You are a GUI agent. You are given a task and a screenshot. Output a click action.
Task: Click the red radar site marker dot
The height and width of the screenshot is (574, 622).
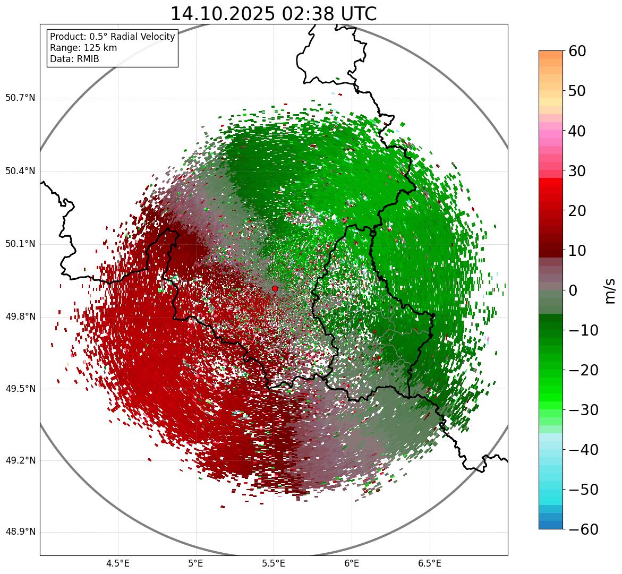pos(275,288)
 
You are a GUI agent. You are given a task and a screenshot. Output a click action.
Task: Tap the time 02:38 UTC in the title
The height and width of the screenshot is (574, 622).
pos(329,14)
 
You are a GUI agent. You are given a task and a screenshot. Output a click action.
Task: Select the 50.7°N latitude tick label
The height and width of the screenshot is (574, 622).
pos(20,98)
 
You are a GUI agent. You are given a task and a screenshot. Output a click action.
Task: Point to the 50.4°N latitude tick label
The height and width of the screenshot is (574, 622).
pos(20,172)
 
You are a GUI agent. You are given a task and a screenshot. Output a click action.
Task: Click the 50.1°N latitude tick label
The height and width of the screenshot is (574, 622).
pos(20,244)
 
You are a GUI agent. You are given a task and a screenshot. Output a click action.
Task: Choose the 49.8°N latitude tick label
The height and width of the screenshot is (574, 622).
pos(20,317)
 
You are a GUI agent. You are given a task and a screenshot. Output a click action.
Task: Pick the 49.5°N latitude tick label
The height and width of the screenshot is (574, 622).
pos(20,389)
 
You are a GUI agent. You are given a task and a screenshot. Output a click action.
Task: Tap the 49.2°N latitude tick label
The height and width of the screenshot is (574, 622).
pos(20,461)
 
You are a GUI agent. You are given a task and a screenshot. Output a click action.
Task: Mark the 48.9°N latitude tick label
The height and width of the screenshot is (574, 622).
pos(20,533)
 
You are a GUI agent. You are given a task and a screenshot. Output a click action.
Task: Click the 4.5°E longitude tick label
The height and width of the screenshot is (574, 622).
pos(118,563)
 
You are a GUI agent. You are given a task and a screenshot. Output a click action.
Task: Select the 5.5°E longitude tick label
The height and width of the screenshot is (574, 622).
pos(274,563)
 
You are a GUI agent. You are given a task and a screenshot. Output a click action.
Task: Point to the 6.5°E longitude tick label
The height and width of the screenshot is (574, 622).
pos(429,563)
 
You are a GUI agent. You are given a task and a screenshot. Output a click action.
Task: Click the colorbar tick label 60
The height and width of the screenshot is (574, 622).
pos(577,51)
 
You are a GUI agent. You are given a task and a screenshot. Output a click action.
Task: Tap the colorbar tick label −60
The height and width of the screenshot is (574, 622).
pos(583,529)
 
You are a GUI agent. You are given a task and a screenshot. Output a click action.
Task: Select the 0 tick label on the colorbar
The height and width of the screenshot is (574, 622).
pos(573,290)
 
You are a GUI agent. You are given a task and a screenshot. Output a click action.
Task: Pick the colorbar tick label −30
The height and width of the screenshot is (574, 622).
pos(583,410)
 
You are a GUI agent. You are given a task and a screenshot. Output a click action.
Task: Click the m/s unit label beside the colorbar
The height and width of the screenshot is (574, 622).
pos(610,290)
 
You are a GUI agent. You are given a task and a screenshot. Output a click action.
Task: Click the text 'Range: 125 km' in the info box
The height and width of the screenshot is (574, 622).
pos(83,48)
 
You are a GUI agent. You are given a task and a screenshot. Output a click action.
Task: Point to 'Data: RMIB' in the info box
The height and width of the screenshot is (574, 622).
pos(74,59)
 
